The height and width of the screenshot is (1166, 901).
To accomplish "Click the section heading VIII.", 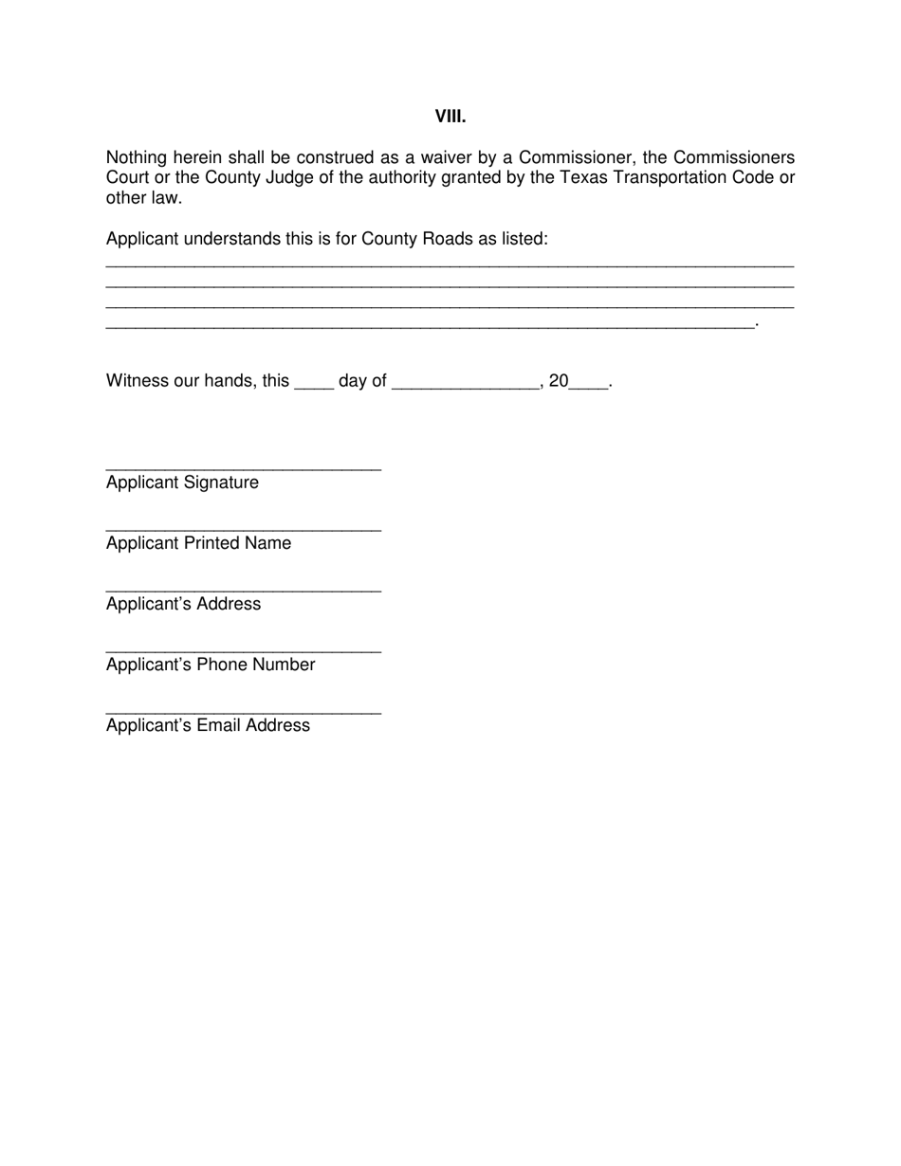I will tap(450, 117).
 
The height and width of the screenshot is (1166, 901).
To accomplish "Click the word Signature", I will tap(221, 483).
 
